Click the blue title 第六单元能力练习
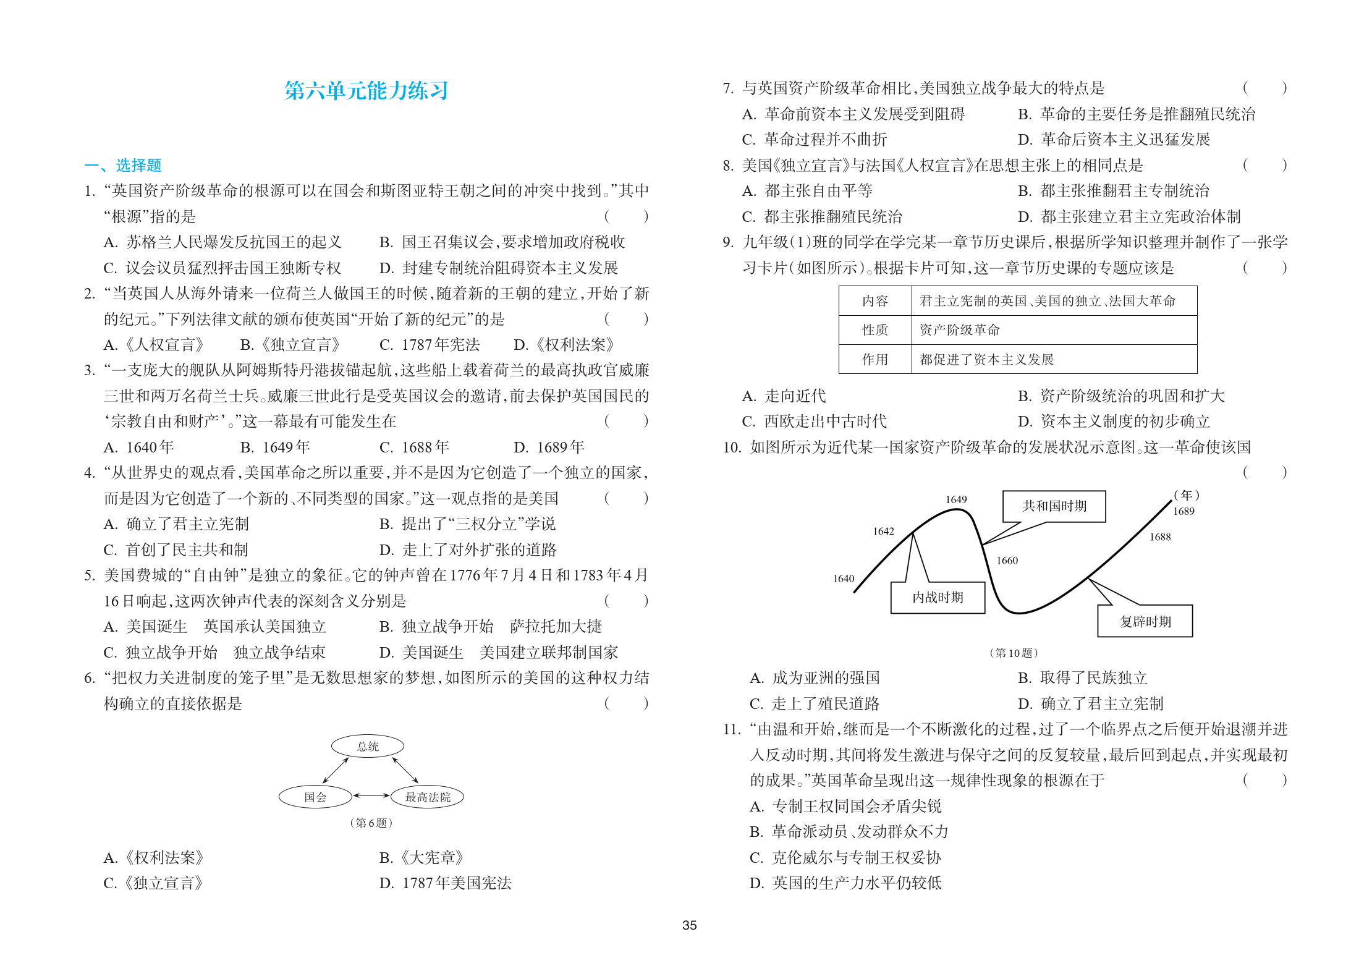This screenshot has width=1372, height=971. (x=366, y=91)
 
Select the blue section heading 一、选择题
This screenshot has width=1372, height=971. (x=123, y=165)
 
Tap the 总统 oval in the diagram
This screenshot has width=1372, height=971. (x=368, y=746)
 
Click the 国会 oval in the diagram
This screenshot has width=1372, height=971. (x=315, y=797)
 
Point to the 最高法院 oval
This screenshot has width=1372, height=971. (x=427, y=797)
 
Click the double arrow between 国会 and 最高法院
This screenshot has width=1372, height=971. (x=371, y=796)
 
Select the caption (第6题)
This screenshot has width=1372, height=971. (x=371, y=823)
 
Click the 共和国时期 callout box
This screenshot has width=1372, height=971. (x=1054, y=506)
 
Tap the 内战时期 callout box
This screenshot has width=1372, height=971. (x=938, y=597)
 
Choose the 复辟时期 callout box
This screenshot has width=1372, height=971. (x=1145, y=621)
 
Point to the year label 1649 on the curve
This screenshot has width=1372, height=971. (x=955, y=499)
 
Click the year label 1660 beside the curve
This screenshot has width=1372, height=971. (x=1007, y=561)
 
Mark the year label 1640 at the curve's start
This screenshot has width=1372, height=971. (x=843, y=579)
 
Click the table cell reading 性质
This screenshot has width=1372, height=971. (x=874, y=330)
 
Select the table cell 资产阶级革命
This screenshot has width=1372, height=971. (x=959, y=330)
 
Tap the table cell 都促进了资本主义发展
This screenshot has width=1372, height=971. (x=986, y=359)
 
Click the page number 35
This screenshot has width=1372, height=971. (x=689, y=925)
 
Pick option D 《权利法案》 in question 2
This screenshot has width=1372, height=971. (x=564, y=344)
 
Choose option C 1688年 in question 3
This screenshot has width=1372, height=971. (x=414, y=447)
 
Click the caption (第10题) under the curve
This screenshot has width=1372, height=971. (x=1014, y=653)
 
